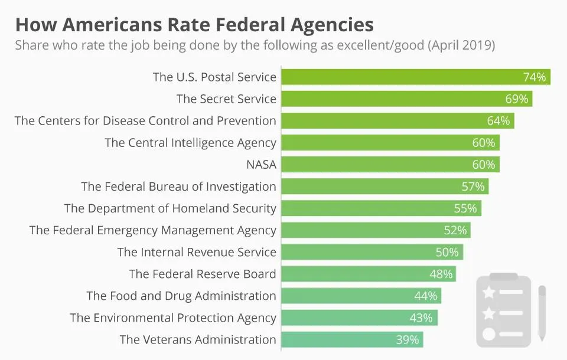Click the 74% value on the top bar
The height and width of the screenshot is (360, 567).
[x=535, y=77]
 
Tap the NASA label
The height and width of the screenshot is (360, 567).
[x=261, y=165]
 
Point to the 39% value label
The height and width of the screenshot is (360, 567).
[x=408, y=339]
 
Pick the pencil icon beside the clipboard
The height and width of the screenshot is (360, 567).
[x=542, y=313]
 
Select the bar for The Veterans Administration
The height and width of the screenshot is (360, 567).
[x=352, y=339]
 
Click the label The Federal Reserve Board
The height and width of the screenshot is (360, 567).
[x=203, y=274]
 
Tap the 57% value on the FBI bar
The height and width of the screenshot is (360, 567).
[x=473, y=186]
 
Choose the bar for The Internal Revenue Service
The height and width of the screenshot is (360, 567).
[x=372, y=252]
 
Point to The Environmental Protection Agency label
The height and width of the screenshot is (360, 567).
[x=173, y=318]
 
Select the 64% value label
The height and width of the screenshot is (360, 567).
[x=498, y=120]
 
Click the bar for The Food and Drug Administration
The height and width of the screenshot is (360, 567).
[x=361, y=296]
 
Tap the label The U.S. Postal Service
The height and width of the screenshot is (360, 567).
[x=214, y=77]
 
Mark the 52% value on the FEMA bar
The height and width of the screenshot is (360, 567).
[x=455, y=230]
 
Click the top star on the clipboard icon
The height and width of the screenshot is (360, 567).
[x=489, y=292]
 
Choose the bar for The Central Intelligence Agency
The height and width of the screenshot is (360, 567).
[x=390, y=142]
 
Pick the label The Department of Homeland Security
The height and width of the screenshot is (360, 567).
[x=170, y=208]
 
